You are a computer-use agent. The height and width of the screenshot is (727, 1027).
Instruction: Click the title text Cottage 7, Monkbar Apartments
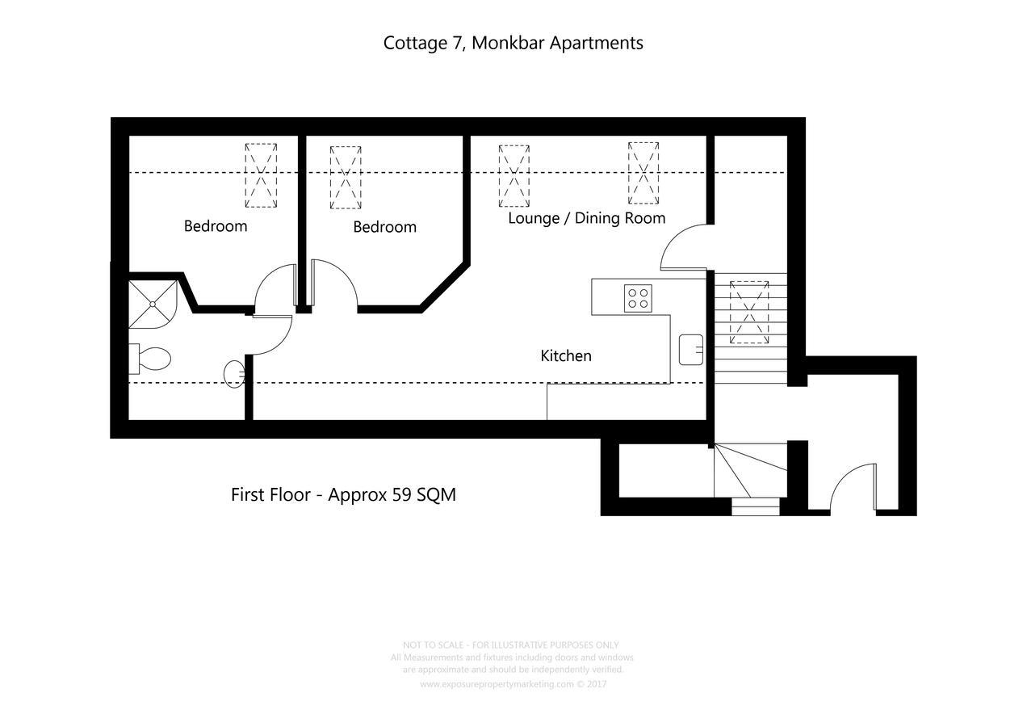click(513, 43)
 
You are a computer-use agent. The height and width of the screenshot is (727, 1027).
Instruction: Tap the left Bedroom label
click(216, 226)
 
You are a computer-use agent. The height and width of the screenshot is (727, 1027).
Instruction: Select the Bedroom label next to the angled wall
click(384, 227)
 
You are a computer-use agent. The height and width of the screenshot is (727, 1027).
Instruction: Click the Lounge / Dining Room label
click(586, 218)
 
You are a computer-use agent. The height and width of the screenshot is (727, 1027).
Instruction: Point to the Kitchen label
click(565, 355)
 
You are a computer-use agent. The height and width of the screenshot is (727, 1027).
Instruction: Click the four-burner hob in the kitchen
click(638, 298)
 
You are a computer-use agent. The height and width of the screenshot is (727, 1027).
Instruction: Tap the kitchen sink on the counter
click(691, 349)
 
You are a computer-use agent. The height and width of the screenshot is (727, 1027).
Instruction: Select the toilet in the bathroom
click(151, 359)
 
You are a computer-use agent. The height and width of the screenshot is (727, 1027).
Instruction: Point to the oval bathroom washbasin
click(234, 373)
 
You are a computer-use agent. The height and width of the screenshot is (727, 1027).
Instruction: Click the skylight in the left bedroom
click(261, 175)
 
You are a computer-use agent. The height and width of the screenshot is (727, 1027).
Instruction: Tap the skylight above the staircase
click(748, 312)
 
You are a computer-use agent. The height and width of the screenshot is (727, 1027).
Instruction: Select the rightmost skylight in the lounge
click(643, 173)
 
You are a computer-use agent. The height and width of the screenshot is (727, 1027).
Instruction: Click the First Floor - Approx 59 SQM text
click(343, 494)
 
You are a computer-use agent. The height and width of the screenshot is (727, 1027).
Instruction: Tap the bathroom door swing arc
click(271, 335)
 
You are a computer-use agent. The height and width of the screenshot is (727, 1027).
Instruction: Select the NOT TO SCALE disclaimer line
click(510, 645)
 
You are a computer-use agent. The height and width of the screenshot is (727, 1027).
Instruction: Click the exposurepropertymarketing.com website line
click(513, 684)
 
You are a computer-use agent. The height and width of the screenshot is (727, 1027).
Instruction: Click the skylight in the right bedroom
click(346, 178)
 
